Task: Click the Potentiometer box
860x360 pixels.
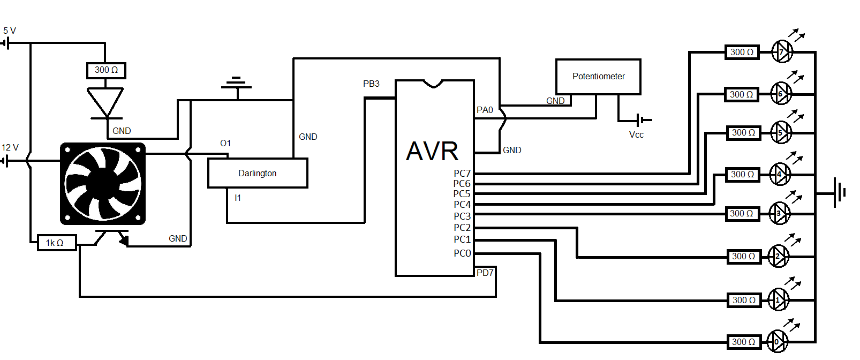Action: click(598, 77)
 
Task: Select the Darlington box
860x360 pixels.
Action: click(258, 173)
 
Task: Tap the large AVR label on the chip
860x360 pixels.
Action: click(432, 151)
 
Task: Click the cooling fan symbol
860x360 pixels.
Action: click(103, 184)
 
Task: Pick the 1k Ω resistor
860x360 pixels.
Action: click(55, 243)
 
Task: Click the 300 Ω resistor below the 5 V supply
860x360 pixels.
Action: click(106, 70)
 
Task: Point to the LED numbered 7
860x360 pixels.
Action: click(782, 52)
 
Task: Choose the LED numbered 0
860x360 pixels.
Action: click(777, 342)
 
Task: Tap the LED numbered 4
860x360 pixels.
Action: click(780, 174)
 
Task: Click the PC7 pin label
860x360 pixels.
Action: click(462, 174)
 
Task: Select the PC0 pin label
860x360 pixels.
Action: click(462, 253)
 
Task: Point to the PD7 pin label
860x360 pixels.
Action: click(485, 273)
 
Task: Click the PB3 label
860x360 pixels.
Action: click(371, 84)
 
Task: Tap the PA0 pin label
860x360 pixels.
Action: click(485, 110)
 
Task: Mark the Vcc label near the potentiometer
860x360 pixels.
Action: click(636, 135)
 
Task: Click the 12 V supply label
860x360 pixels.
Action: click(10, 147)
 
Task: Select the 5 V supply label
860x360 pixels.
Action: click(10, 31)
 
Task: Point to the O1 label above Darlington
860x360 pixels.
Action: click(225, 144)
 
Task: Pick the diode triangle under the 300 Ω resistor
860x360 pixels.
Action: click(105, 102)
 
